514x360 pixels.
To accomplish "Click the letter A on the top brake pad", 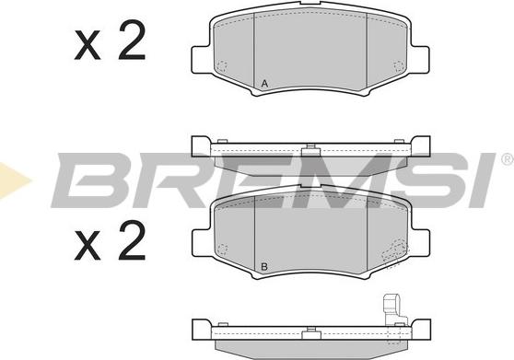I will [x=264, y=85].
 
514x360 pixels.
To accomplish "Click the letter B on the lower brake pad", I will [x=264, y=268].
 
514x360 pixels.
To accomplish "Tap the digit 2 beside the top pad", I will [x=130, y=43].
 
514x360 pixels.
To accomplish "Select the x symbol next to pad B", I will [x=88, y=248].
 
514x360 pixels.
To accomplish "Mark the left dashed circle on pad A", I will [x=222, y=65].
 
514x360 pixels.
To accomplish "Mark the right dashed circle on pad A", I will [x=398, y=65].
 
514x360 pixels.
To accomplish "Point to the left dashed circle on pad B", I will [x=222, y=249].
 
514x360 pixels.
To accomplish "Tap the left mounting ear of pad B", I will [x=199, y=241].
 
